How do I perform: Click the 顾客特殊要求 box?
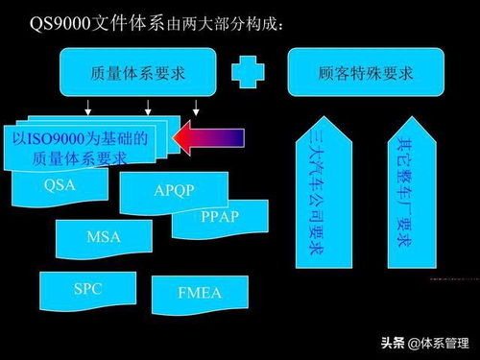pyautogui.click(x=364, y=73)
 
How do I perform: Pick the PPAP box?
pyautogui.click(x=220, y=217)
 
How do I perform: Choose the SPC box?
pyautogui.click(x=86, y=288)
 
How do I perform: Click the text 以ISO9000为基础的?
pyautogui.click(x=80, y=138)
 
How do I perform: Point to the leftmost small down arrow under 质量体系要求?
pyautogui.click(x=87, y=107)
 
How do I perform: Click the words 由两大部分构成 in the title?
pyautogui.click(x=230, y=23)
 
